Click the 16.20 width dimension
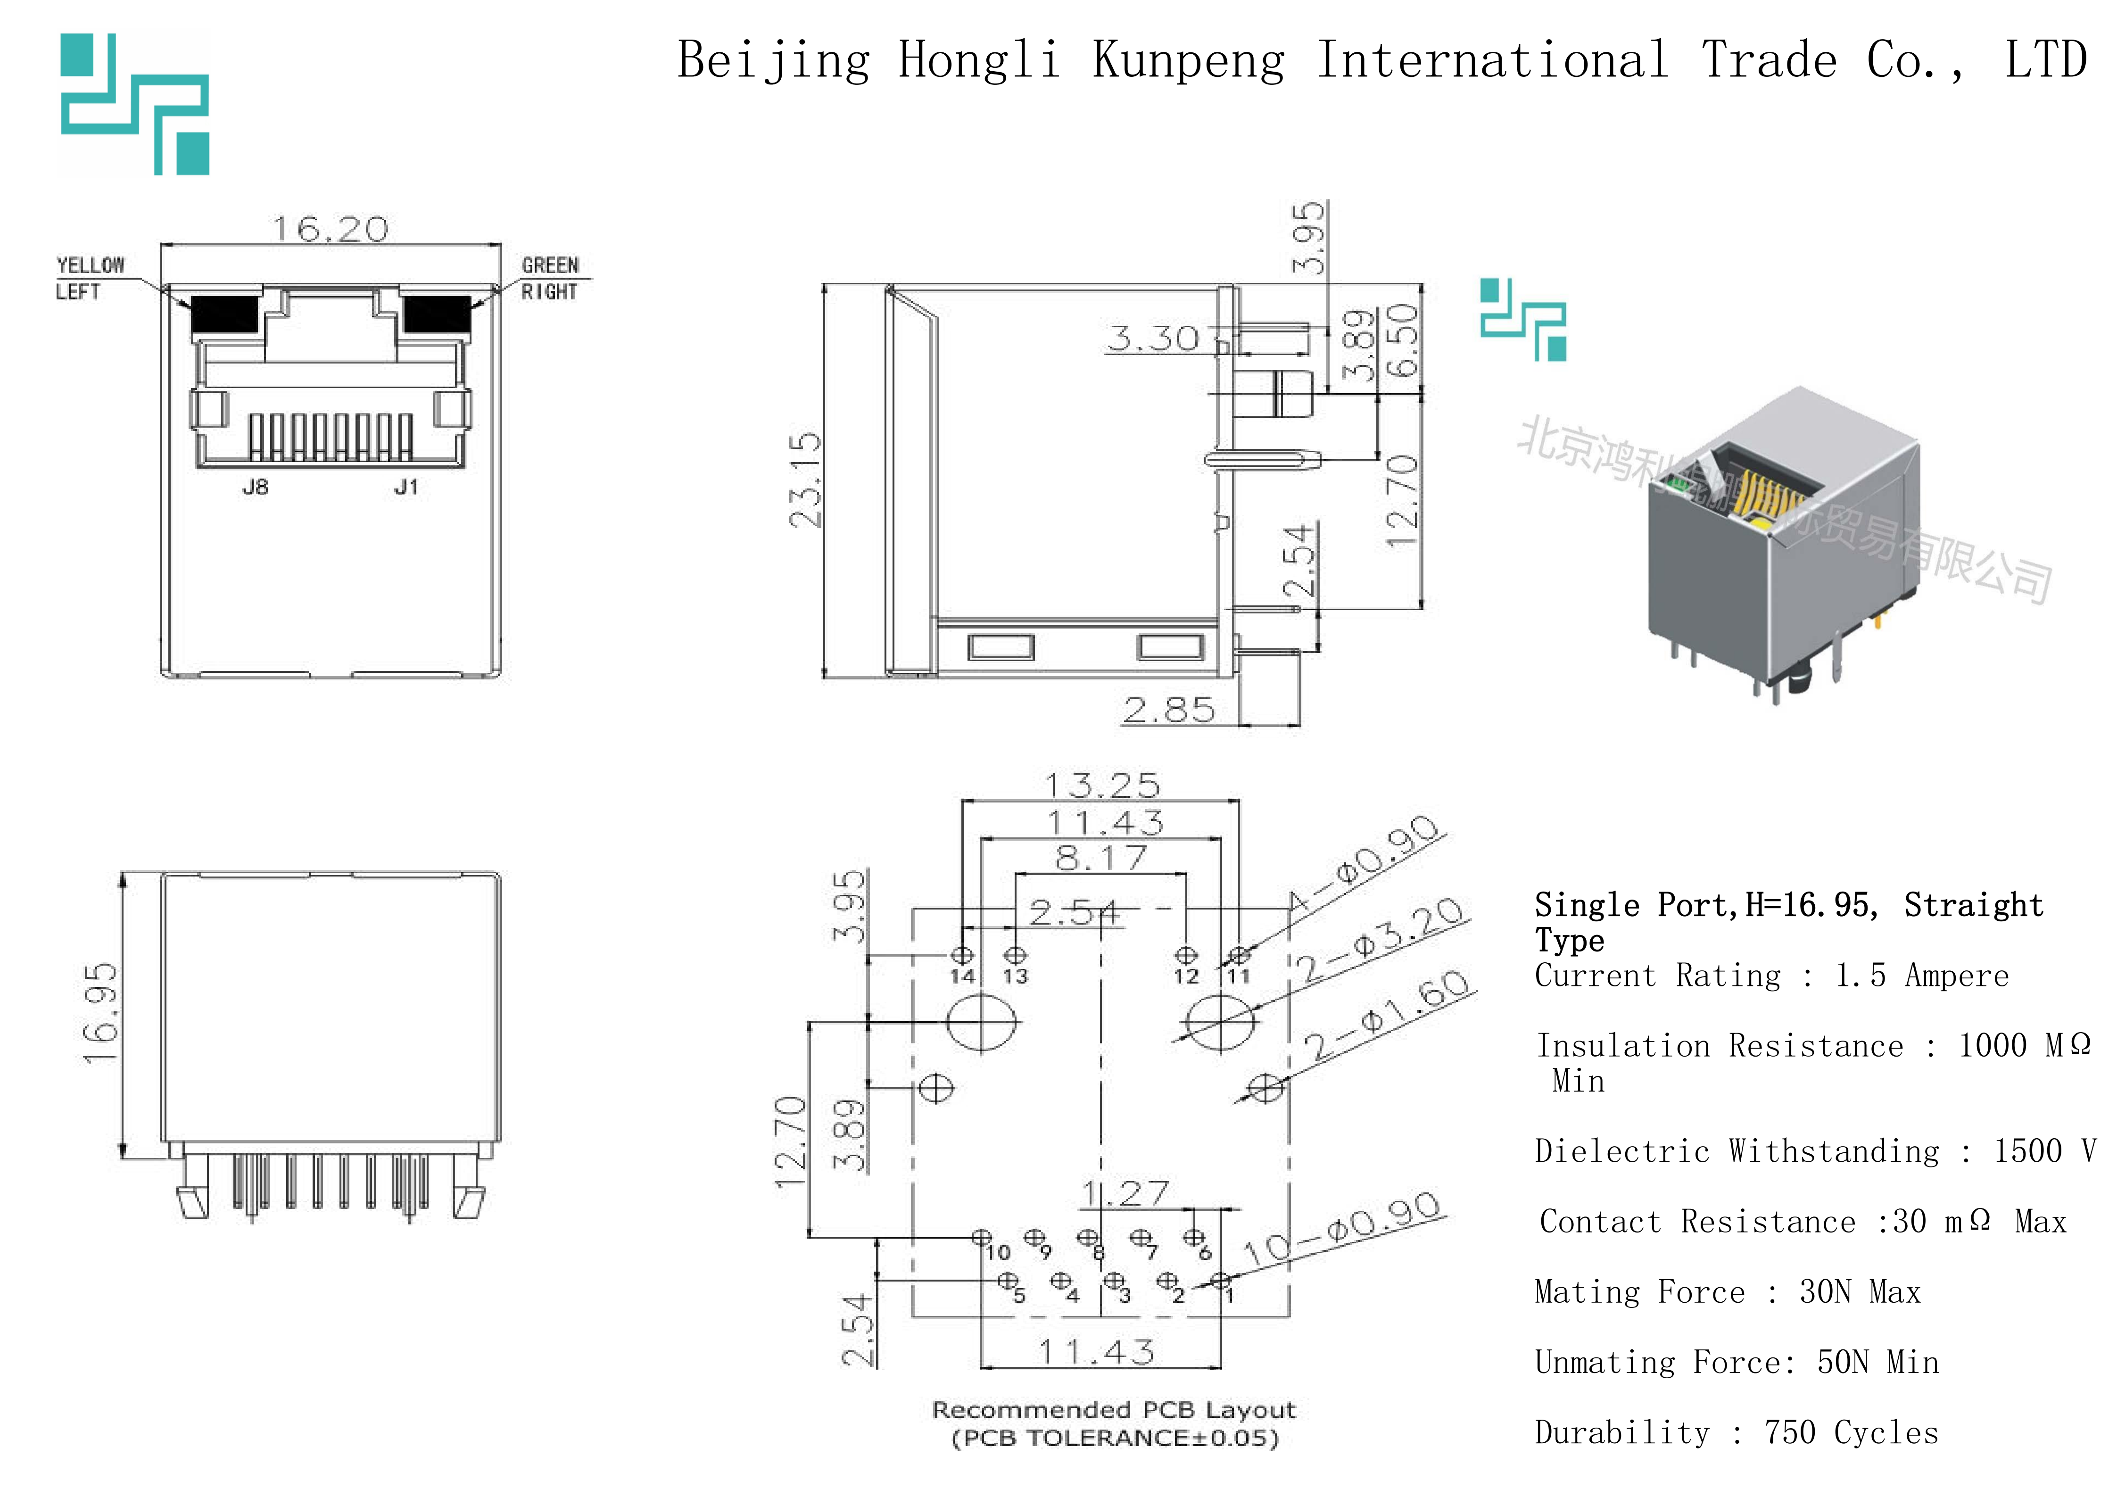(x=330, y=229)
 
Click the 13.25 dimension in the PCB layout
(x=1102, y=786)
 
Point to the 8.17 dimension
(x=1101, y=858)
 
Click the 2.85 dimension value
(x=1168, y=710)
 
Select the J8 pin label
(x=256, y=487)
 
